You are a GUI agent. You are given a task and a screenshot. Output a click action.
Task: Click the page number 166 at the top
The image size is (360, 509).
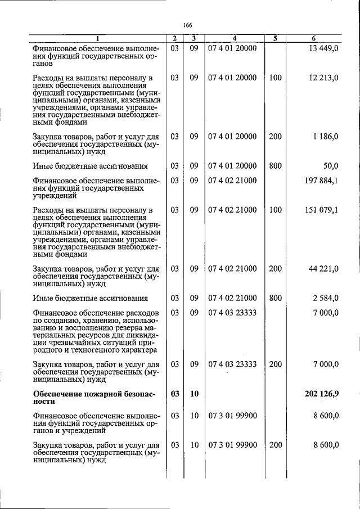pos(188,25)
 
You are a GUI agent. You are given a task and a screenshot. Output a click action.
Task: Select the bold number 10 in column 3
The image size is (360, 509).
pos(194,393)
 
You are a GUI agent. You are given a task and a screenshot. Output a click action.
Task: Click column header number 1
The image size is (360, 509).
pos(97,38)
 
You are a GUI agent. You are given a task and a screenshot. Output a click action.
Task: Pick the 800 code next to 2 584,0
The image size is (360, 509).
pos(275,298)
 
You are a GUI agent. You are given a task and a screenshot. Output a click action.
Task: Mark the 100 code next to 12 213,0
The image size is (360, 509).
pos(275,78)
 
